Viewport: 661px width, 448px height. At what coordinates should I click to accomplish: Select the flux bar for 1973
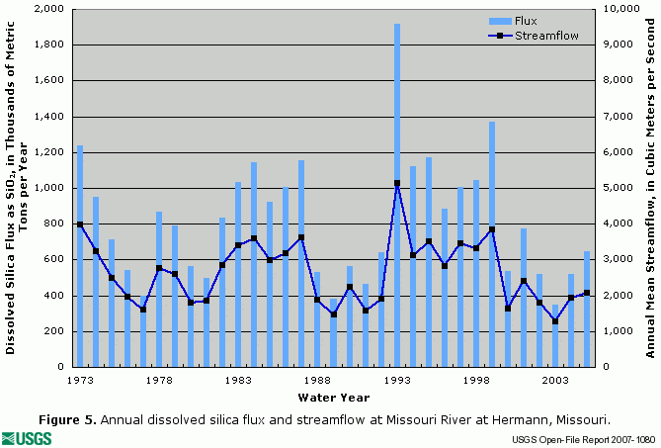[x=80, y=256]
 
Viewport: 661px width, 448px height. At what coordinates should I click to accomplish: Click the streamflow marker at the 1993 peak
[x=397, y=183]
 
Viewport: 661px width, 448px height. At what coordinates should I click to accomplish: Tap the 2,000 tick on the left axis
[x=50, y=9]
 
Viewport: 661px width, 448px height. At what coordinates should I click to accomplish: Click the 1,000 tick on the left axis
[x=50, y=188]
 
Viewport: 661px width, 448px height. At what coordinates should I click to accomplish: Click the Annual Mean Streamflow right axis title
[x=649, y=188]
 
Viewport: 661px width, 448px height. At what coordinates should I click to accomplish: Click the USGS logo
[x=28, y=437]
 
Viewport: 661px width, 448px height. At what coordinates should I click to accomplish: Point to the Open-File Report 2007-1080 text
[x=583, y=438]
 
